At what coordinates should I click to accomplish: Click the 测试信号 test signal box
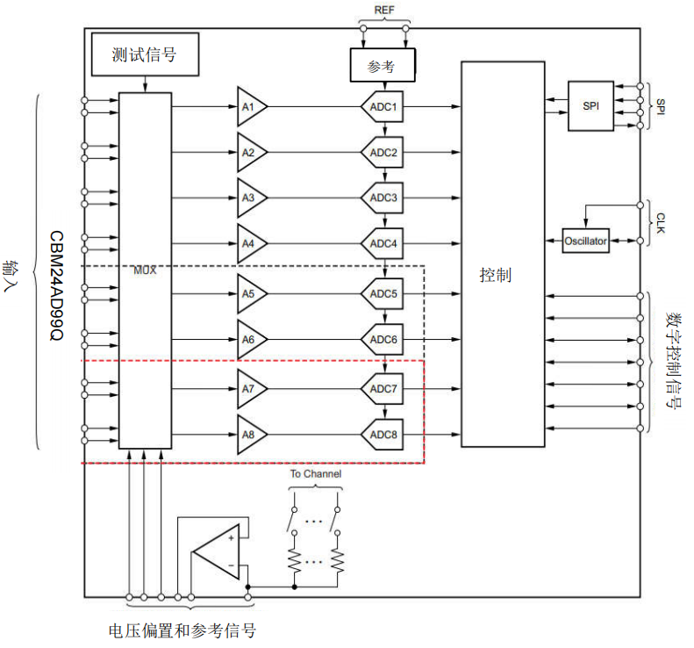click(x=145, y=54)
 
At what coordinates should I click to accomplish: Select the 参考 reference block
click(x=382, y=64)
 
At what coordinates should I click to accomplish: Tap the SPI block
click(x=591, y=105)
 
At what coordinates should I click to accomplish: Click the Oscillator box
click(x=585, y=241)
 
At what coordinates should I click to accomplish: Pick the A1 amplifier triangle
click(x=250, y=107)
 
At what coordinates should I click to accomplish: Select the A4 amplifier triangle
click(x=250, y=242)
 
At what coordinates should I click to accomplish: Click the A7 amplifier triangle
click(x=250, y=387)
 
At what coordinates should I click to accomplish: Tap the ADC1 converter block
click(x=383, y=107)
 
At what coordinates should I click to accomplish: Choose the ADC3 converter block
click(x=383, y=198)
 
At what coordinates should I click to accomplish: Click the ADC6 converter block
click(x=383, y=339)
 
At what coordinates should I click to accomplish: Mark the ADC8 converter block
click(x=383, y=433)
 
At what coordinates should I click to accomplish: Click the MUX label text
click(x=144, y=270)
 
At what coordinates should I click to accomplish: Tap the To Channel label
click(x=316, y=474)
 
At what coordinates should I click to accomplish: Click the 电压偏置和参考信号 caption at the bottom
click(x=182, y=630)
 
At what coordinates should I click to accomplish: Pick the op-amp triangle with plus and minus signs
click(x=214, y=551)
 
